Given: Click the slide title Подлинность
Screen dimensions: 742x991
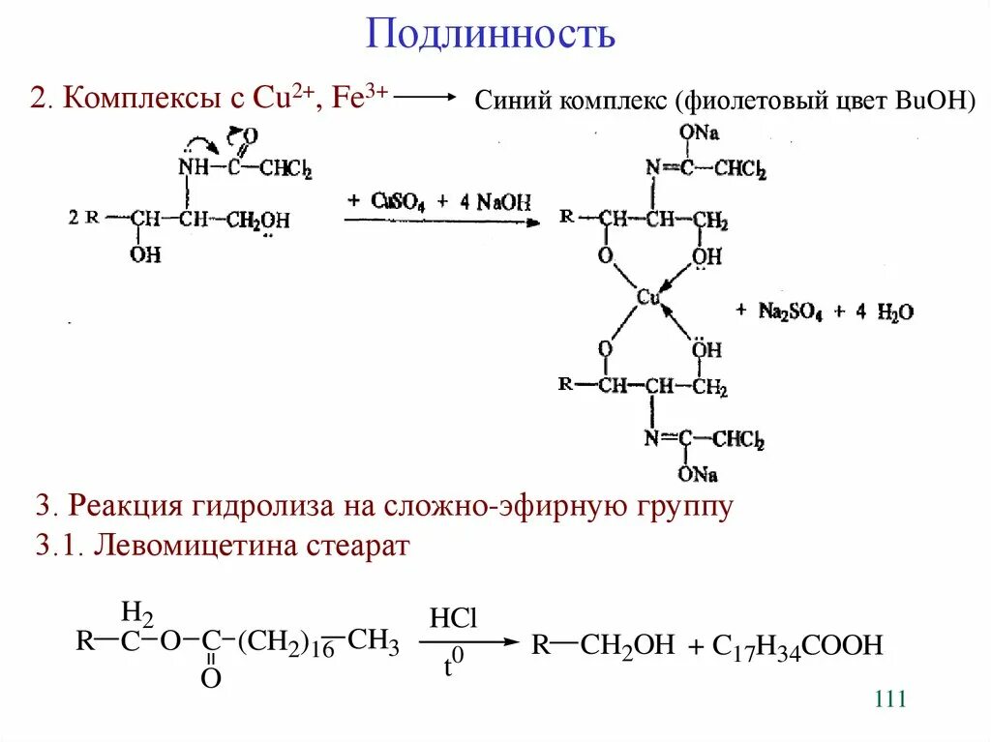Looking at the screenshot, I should [491, 35].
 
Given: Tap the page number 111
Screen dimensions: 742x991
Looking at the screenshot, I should [889, 699].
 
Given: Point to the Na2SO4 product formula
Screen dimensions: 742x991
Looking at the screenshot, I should [786, 312].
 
